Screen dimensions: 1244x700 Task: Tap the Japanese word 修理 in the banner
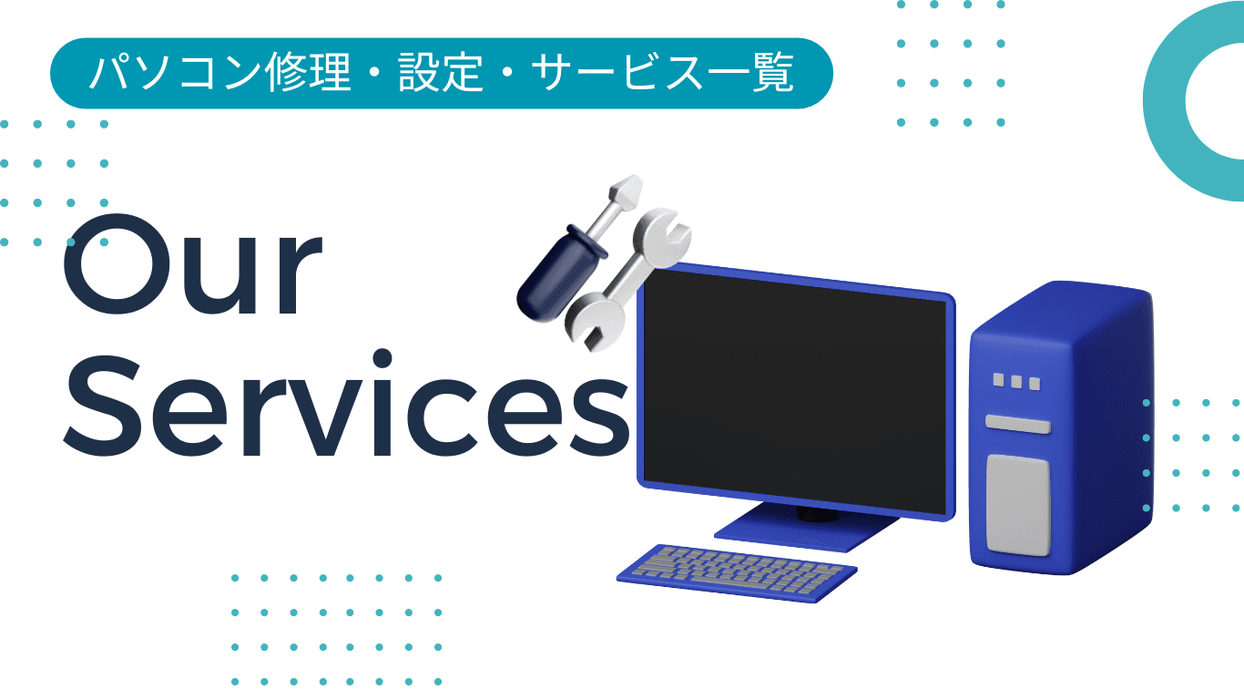pos(308,72)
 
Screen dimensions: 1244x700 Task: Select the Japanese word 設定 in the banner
pos(441,72)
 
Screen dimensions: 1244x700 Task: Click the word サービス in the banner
pos(618,72)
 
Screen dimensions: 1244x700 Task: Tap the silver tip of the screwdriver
pos(627,192)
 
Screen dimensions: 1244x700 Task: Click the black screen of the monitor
pos(794,392)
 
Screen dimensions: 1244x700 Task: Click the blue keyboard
pos(737,572)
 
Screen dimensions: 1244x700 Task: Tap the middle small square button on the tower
pos(1016,382)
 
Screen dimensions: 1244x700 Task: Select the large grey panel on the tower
pos(1018,505)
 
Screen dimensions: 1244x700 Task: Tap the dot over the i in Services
pos(382,358)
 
